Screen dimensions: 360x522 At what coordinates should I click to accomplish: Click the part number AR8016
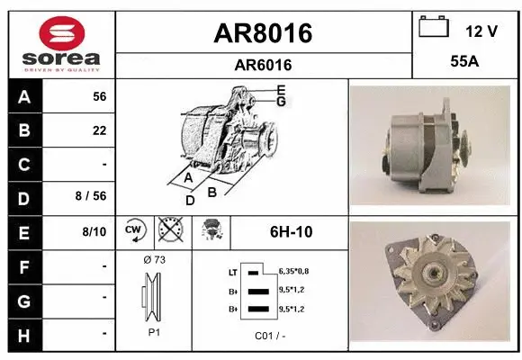[263, 33]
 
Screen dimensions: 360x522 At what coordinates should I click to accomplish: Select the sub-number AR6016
[263, 65]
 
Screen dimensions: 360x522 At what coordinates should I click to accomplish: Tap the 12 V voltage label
[481, 31]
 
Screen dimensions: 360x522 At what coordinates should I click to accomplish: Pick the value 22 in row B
[99, 130]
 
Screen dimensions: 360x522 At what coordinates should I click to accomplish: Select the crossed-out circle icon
[169, 231]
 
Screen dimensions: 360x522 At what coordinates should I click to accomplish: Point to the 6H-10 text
[291, 231]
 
